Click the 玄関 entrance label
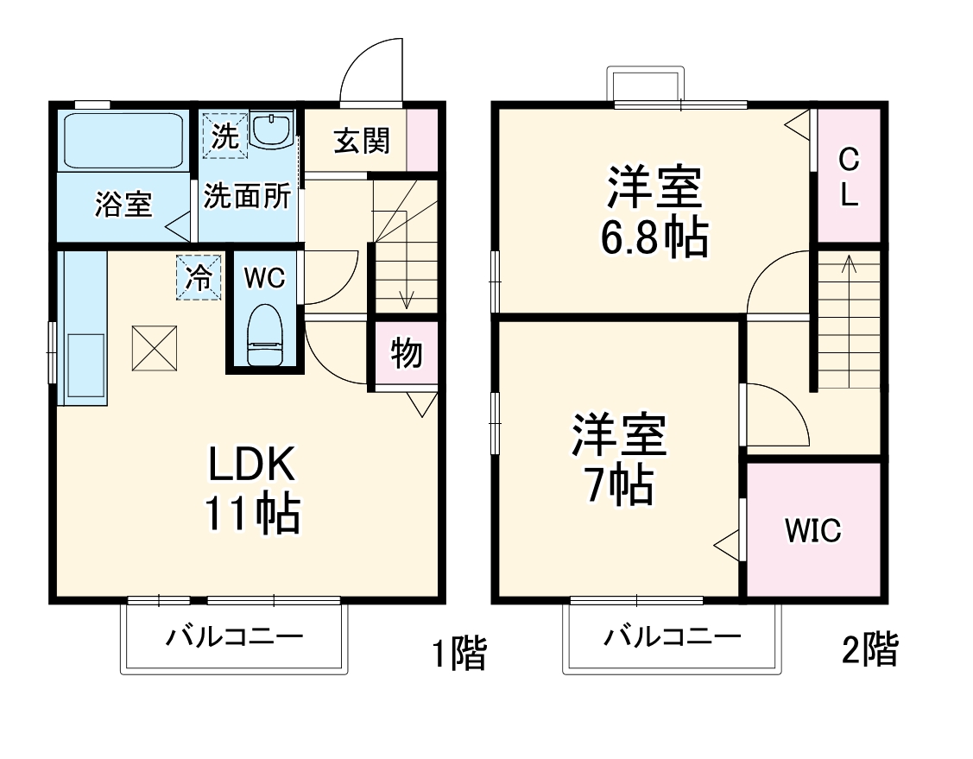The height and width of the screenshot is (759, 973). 362,140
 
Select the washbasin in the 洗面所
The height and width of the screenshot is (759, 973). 272,131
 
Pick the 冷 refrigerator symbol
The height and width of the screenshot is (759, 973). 199,278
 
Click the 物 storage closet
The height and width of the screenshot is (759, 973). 405,352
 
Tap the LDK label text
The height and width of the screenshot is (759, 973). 251,466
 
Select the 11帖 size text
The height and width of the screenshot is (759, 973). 251,515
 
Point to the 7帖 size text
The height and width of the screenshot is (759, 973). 618,486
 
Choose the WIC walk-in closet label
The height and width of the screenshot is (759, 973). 812,530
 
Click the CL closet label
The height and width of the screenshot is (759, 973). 850,177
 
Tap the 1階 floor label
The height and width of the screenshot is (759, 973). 458,653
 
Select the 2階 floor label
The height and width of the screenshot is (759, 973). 869,649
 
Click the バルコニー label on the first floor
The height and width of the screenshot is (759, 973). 235,639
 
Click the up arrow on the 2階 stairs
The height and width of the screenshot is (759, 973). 849,262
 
